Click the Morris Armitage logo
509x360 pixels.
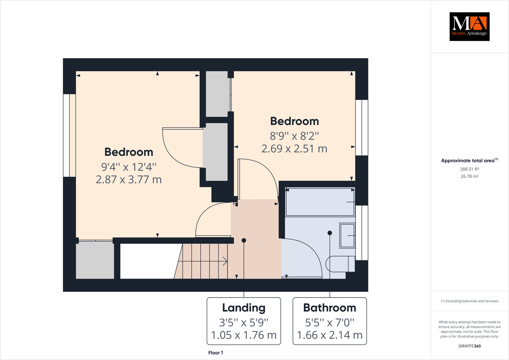469,26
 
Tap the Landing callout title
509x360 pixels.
244,308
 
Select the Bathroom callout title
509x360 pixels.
329,308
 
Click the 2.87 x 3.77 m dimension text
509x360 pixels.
129,179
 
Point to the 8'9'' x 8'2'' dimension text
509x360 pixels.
294,136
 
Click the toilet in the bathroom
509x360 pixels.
340,264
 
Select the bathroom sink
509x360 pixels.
347,235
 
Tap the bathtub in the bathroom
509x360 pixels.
320,202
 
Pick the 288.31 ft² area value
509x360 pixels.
469,169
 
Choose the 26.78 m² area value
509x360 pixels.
469,176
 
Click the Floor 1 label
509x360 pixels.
215,353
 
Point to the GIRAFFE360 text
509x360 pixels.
469,346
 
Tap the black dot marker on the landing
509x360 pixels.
244,240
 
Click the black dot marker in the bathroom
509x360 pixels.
330,233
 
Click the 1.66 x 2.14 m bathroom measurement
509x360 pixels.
329,335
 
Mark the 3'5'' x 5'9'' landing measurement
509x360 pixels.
244,323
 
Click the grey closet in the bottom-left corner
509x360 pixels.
95,260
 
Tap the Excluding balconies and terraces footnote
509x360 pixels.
469,301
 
